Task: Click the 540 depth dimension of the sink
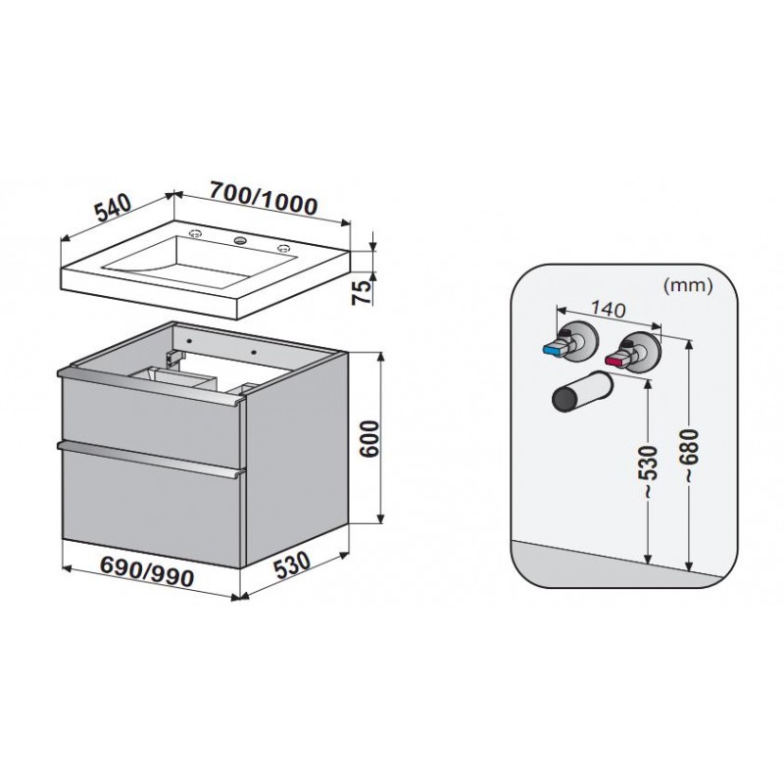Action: [x=114, y=207]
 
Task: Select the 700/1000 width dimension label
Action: [x=264, y=199]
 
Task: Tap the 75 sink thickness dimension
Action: [x=363, y=292]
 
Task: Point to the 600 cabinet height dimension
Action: [x=370, y=438]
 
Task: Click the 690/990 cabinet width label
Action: [x=147, y=572]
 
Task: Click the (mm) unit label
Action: [x=688, y=285]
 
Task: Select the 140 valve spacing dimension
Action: [x=608, y=310]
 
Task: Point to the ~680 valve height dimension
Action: [x=691, y=456]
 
